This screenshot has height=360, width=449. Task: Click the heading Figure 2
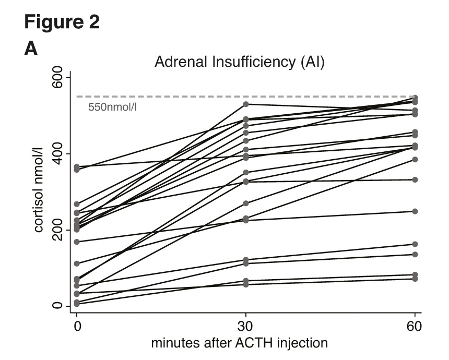pyautogui.click(x=62, y=23)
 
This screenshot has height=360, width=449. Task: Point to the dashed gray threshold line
pyautogui.click(x=209, y=97)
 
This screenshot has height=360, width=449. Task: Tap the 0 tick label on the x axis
pyautogui.click(x=77, y=328)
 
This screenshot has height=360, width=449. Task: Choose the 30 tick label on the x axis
pyautogui.click(x=246, y=328)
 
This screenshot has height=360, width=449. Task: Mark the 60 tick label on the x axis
pyautogui.click(x=415, y=328)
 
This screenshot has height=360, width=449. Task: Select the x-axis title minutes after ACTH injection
pyautogui.click(x=240, y=343)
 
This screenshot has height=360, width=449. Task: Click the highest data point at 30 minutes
pyautogui.click(x=246, y=104)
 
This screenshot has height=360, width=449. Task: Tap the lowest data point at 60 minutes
pyautogui.click(x=415, y=279)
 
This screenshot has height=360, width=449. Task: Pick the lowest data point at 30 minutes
pyautogui.click(x=246, y=284)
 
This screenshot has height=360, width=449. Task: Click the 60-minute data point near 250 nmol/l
pyautogui.click(x=415, y=211)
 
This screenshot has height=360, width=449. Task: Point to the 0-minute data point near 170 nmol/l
pyautogui.click(x=77, y=242)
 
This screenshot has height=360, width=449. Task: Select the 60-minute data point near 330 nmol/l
pyautogui.click(x=415, y=179)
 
